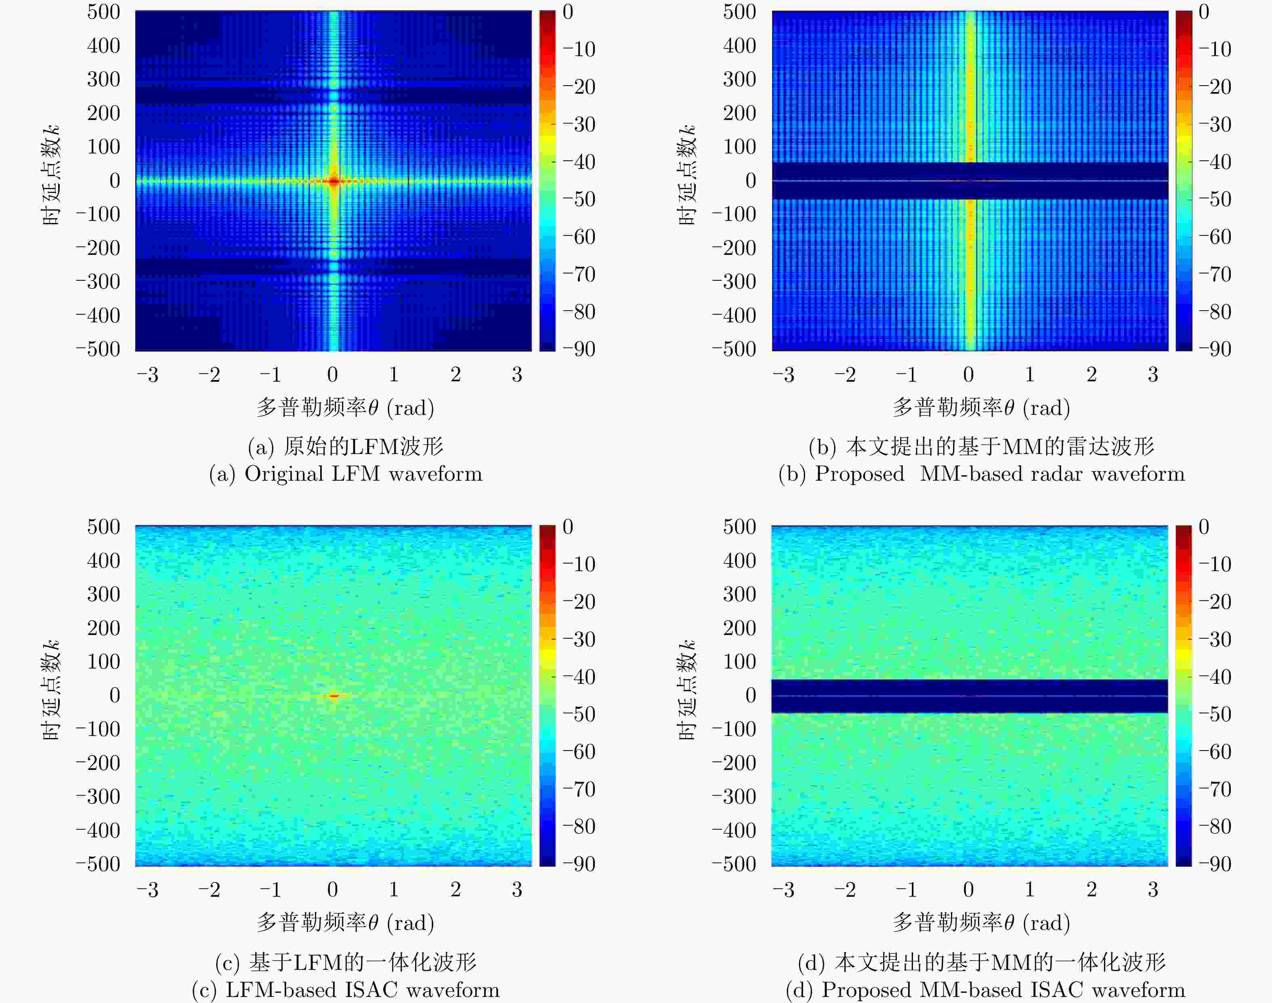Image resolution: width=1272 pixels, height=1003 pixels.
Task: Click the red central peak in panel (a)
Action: click(334, 181)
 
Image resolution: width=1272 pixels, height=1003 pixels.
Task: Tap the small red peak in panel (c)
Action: click(334, 696)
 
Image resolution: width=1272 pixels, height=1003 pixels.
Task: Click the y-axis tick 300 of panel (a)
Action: click(103, 79)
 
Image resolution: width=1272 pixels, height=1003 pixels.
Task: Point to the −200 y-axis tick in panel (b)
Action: click(734, 248)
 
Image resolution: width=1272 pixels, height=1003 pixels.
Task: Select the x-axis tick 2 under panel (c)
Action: click(455, 889)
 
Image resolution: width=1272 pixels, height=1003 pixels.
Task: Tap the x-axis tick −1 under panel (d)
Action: click(906, 889)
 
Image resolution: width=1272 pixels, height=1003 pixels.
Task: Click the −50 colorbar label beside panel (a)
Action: click(579, 199)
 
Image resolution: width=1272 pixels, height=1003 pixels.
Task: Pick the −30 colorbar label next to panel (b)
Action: click(1215, 124)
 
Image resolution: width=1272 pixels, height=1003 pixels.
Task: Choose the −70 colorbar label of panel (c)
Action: click(579, 789)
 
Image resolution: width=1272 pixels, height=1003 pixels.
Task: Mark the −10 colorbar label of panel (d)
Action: click(1215, 564)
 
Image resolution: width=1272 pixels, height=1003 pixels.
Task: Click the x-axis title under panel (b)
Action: click(981, 408)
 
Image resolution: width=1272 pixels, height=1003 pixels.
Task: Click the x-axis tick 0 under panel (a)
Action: click(332, 374)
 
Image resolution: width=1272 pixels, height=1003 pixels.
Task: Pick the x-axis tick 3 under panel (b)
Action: click(1153, 374)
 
